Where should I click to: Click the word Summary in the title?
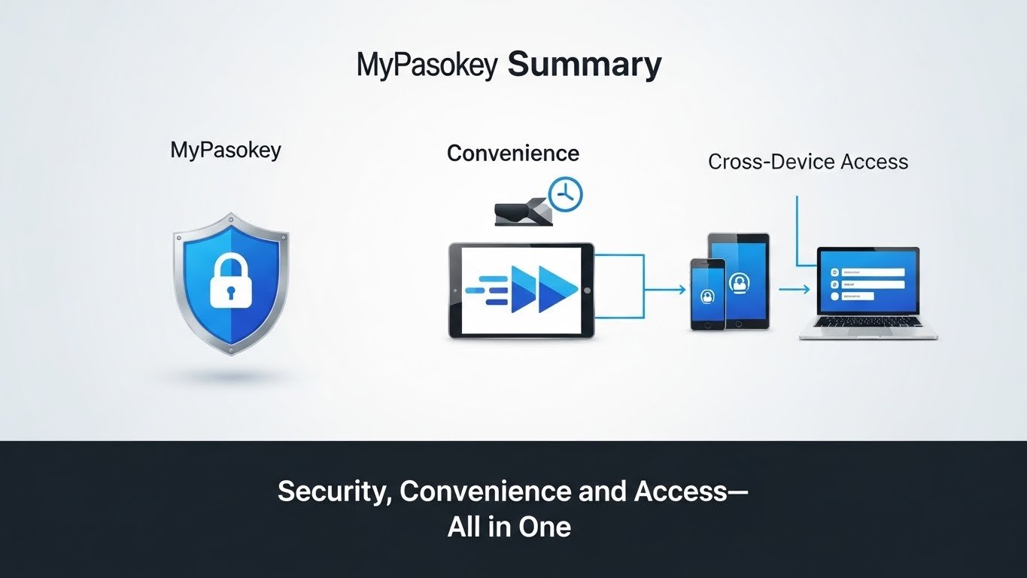point(585,66)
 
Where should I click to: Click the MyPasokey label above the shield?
point(226,151)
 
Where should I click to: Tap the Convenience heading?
point(513,154)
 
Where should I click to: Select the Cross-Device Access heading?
point(808,162)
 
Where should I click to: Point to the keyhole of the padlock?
point(231,292)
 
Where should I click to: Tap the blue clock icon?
point(565,195)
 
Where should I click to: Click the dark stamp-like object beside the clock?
point(524,212)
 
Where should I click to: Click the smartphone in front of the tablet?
point(708,294)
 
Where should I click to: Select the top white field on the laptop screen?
point(867,272)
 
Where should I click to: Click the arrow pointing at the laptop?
point(794,290)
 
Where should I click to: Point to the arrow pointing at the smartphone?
point(665,290)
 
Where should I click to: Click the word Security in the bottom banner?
point(335,491)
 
